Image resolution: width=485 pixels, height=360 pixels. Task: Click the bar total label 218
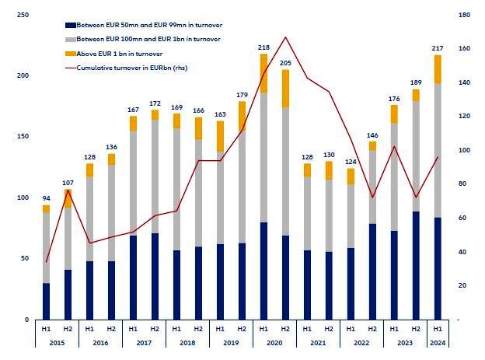coord(263,47)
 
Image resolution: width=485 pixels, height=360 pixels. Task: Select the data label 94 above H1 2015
coord(46,199)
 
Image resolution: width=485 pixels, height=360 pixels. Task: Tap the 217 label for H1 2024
coord(438,48)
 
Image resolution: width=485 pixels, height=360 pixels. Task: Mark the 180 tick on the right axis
coord(465,15)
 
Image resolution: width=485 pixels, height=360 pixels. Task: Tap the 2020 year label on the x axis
coord(274,342)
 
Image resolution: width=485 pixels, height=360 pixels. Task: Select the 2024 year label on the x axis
coord(438,342)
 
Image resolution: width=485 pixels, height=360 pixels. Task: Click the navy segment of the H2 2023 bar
coord(416,265)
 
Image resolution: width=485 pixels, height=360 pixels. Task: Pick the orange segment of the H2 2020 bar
coord(285,89)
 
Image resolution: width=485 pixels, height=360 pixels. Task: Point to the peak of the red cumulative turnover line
coord(285,37)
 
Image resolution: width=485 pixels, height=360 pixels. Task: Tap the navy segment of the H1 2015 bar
coord(46,301)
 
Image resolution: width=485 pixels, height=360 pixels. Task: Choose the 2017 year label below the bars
coord(144,342)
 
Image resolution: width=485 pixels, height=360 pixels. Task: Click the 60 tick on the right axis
coord(463,218)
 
